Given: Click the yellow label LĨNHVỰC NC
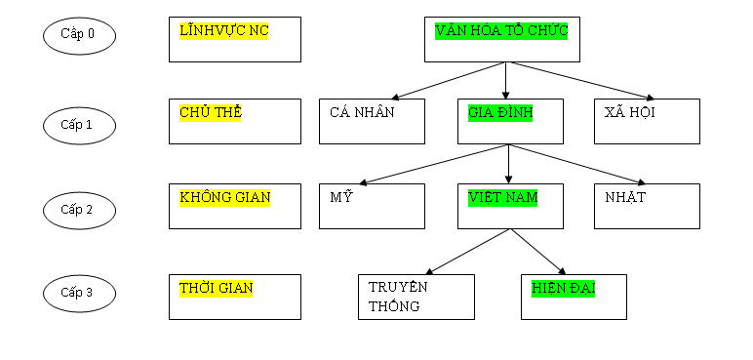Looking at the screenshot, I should pos(224,31).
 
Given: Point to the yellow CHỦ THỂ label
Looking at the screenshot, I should pos(211,112).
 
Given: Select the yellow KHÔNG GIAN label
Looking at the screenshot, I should pos(225,197).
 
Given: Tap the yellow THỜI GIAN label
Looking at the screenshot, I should pos(216,288).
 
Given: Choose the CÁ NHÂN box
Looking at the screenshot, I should pos(372,121).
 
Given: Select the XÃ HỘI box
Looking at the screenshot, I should pos(647,121).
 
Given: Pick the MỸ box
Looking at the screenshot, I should pos(372,206).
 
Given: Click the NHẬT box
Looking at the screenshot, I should pos(647,206).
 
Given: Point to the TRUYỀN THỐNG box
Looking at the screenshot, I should pos(416,297).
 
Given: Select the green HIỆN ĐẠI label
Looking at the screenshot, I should pos(564,288).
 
